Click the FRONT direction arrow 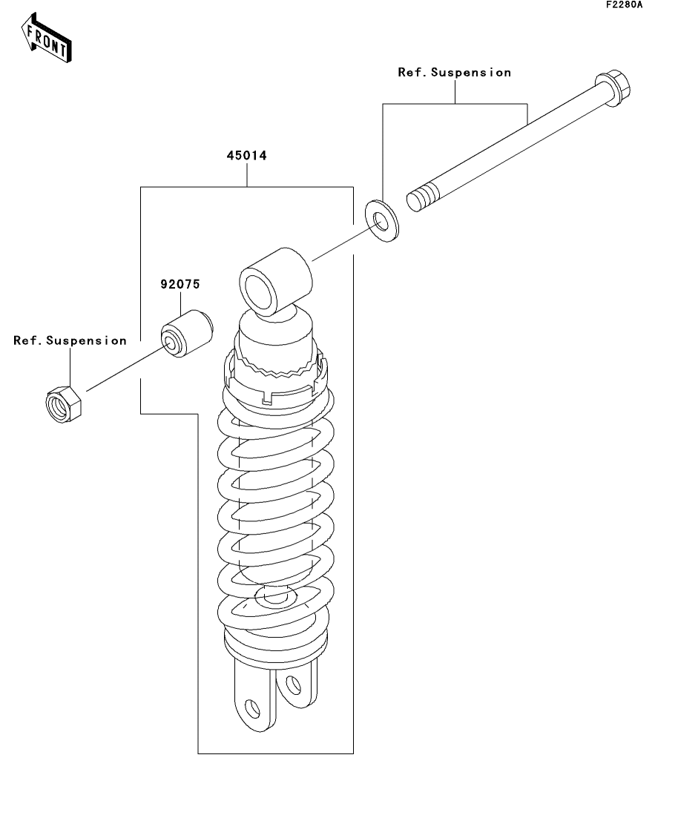point(47,38)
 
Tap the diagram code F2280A point(625,5)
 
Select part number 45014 point(246,156)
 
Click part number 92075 point(180,284)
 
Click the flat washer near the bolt point(382,221)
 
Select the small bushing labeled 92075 point(186,334)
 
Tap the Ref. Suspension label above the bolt point(454,73)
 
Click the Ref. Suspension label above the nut point(70,340)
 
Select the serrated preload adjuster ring point(275,365)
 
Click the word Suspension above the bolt point(471,73)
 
